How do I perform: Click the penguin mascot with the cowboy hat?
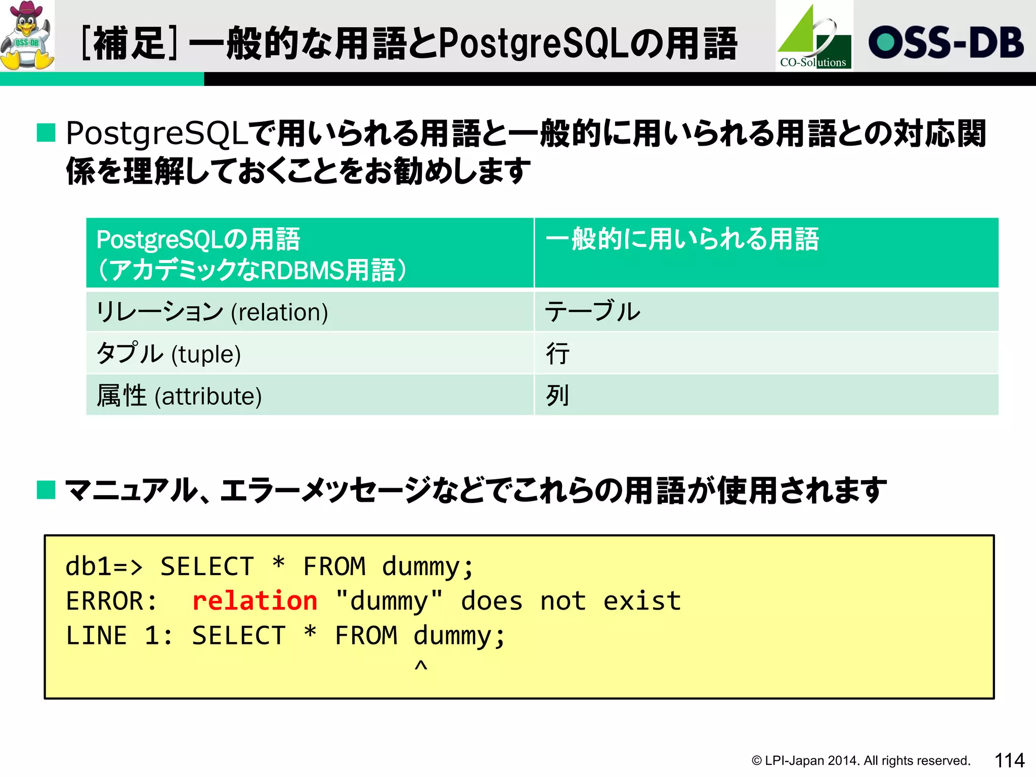click(27, 35)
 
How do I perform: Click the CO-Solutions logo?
click(814, 36)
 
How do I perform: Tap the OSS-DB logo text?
click(945, 42)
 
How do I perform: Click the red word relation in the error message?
click(254, 601)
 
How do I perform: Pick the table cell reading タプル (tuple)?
click(310, 354)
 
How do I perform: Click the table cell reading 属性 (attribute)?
click(310, 396)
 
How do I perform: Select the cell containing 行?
click(766, 354)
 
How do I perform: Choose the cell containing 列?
click(766, 396)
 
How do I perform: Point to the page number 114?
click(1009, 760)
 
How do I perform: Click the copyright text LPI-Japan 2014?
click(860, 761)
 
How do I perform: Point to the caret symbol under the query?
click(421, 666)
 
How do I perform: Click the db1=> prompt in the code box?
click(104, 567)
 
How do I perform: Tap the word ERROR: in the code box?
click(111, 601)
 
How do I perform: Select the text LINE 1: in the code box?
click(119, 636)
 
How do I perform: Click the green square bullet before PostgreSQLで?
click(46, 133)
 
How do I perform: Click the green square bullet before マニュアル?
click(46, 490)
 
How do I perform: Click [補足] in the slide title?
click(129, 44)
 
